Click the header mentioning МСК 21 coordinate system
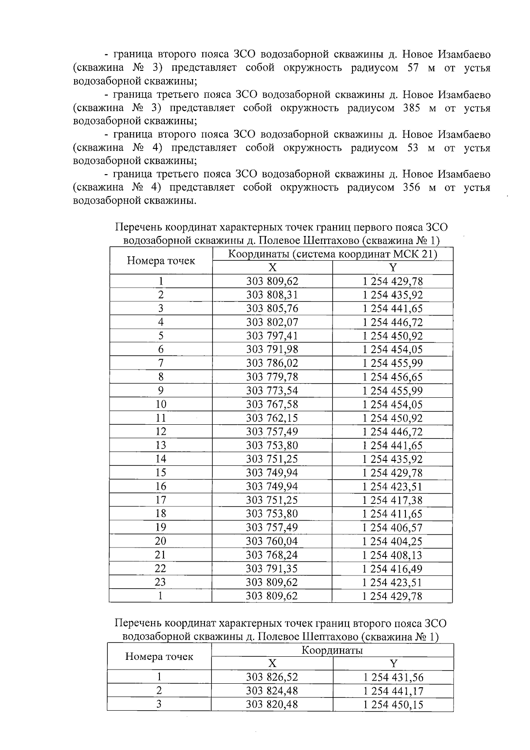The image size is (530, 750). pos(332,254)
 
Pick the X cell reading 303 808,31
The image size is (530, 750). pos(272,295)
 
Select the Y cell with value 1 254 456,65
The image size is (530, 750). pos(392,377)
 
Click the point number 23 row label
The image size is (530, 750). pos(160,582)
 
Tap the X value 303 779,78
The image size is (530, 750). pos(272,377)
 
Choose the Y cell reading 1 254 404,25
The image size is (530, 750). pos(392,541)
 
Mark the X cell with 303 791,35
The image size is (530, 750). pos(272,568)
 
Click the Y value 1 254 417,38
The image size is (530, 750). pos(392,500)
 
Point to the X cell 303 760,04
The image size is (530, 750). pos(272,541)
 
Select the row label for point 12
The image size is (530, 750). pos(160,431)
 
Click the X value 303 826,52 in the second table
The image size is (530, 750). pos(272,677)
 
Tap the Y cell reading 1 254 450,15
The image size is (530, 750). pos(393,704)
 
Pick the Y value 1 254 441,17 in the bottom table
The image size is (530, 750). pos(393,691)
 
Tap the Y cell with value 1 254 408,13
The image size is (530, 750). pos(392,555)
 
